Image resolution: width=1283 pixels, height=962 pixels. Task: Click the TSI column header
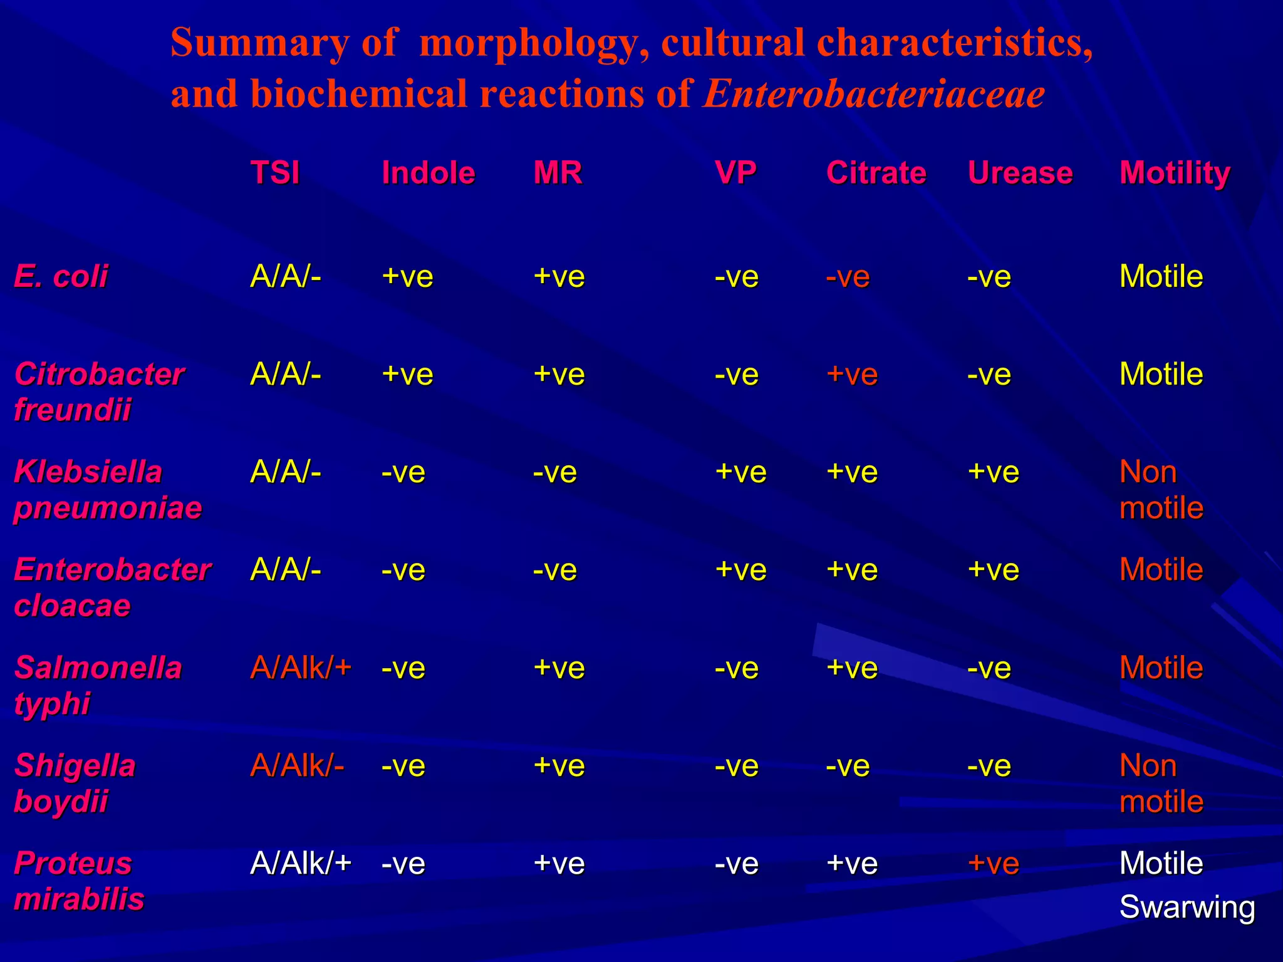[x=275, y=172]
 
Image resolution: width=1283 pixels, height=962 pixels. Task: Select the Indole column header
[x=429, y=172]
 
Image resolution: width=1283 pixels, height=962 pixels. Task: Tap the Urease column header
[x=1021, y=172]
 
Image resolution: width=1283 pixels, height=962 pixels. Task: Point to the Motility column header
[x=1175, y=173]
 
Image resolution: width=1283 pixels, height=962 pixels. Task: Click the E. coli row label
[x=61, y=276]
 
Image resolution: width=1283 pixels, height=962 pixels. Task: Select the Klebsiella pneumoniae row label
[x=107, y=489]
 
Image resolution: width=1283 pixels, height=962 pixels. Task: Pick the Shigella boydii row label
[x=75, y=783]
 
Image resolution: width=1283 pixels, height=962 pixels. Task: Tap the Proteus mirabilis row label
[x=79, y=881]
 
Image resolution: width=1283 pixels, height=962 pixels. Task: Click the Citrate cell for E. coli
[x=848, y=276]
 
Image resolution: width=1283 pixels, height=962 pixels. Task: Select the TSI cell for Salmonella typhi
[x=301, y=668]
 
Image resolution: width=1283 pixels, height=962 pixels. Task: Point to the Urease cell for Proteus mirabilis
[x=994, y=863]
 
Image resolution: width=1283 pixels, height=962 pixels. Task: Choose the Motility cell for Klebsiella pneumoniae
[x=1161, y=489]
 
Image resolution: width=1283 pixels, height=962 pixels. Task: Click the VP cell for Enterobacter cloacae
[x=740, y=570]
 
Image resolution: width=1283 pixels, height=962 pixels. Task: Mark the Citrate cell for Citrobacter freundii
[x=852, y=375]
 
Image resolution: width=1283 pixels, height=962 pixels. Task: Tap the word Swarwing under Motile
[x=1187, y=907]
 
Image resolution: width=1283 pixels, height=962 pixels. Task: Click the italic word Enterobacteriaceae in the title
[x=874, y=94]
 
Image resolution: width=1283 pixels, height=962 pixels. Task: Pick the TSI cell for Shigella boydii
[x=297, y=765]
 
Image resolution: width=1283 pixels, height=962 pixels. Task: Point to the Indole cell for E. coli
[x=407, y=276]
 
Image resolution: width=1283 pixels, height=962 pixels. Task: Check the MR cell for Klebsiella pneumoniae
[x=554, y=472]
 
